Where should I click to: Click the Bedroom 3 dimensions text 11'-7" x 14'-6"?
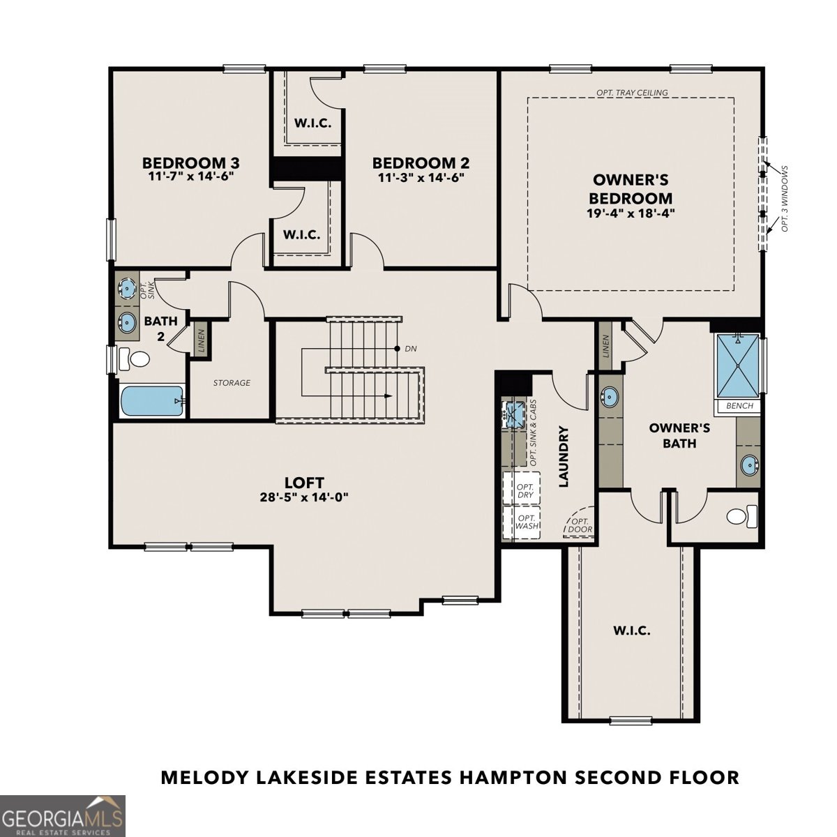point(190,177)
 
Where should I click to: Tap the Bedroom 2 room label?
point(421,163)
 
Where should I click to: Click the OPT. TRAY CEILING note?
point(632,93)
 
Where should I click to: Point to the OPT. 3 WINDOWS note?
point(785,199)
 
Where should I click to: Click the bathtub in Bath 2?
point(151,401)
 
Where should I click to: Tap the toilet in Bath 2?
point(135,360)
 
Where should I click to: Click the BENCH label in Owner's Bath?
point(739,406)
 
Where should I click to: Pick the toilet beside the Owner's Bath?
point(741,516)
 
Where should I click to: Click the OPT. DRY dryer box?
point(525,490)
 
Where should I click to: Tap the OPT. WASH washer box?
point(527,522)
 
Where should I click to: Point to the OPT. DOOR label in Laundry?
point(580,525)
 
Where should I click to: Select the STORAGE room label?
point(232,383)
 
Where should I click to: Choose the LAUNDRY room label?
point(564,456)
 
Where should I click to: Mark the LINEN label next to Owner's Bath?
point(605,346)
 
